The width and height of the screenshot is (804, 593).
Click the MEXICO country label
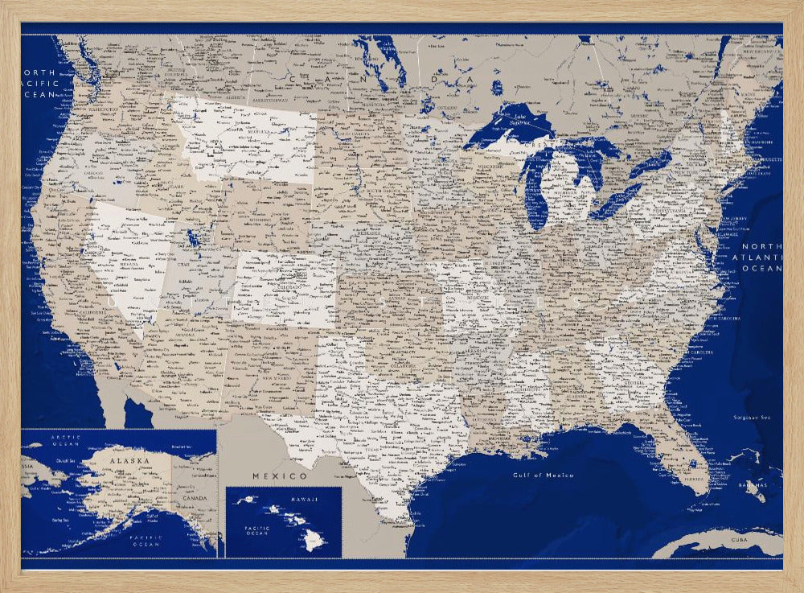[269, 476]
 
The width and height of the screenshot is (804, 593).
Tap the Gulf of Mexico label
[544, 476]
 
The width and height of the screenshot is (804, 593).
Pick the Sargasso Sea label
[752, 417]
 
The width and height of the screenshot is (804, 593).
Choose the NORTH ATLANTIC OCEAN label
[761, 257]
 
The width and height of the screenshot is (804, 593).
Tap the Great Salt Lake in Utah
[193, 238]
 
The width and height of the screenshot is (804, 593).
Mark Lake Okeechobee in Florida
[693, 463]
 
